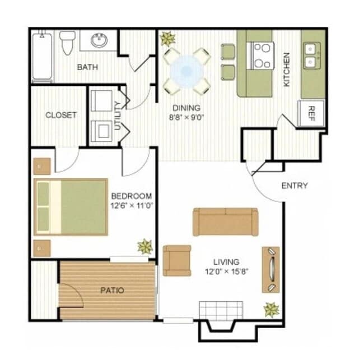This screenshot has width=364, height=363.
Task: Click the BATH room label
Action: click(x=87, y=67)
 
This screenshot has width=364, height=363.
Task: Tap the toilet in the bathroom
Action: click(x=67, y=42)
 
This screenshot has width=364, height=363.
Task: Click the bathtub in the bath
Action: click(x=43, y=57)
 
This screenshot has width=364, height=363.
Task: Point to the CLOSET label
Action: click(x=61, y=115)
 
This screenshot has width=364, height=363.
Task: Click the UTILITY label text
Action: click(x=117, y=115)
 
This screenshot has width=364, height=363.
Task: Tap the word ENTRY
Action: click(x=295, y=186)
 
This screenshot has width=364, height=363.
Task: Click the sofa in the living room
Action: click(x=226, y=222)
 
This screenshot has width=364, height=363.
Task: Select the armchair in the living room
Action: click(x=177, y=260)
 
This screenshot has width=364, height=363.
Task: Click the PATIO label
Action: click(x=113, y=291)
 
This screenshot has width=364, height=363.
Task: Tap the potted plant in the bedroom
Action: click(x=145, y=246)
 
